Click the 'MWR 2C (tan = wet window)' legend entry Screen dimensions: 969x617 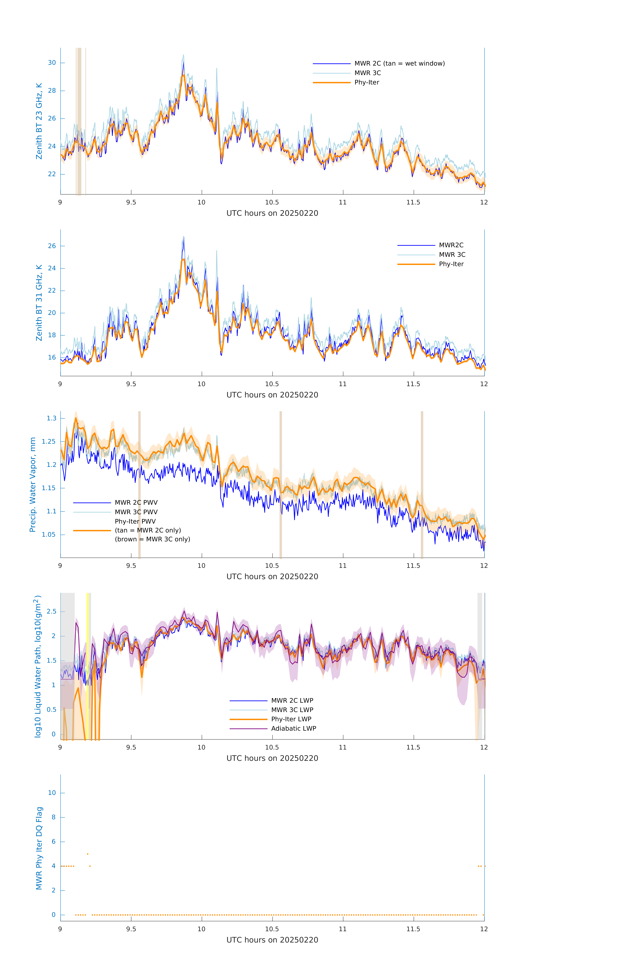[399, 64]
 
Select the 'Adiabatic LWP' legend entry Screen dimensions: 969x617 [293, 728]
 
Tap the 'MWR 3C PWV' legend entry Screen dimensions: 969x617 [136, 512]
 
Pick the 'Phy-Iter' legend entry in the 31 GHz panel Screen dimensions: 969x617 [451, 264]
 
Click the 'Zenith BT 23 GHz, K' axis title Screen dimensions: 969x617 [39, 121]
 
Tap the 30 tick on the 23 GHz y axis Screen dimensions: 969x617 [52, 63]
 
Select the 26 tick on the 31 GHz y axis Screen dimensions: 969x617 [52, 246]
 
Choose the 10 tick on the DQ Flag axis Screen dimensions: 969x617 [52, 793]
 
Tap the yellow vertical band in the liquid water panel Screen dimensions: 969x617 [88, 664]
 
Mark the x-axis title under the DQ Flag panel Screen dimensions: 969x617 [272, 940]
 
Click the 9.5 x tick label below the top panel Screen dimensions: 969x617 [131, 202]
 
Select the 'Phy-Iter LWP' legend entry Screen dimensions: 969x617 [291, 719]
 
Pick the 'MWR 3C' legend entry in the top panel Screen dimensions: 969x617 [367, 73]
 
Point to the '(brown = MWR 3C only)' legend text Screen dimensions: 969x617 [152, 539]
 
